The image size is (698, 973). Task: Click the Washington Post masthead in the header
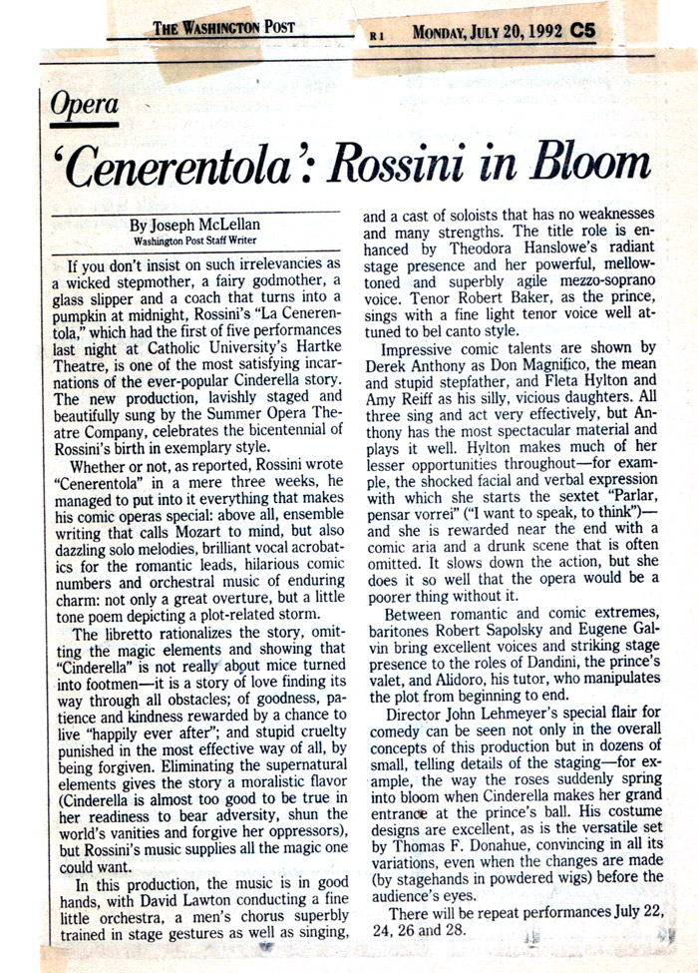pyautogui.click(x=223, y=28)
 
